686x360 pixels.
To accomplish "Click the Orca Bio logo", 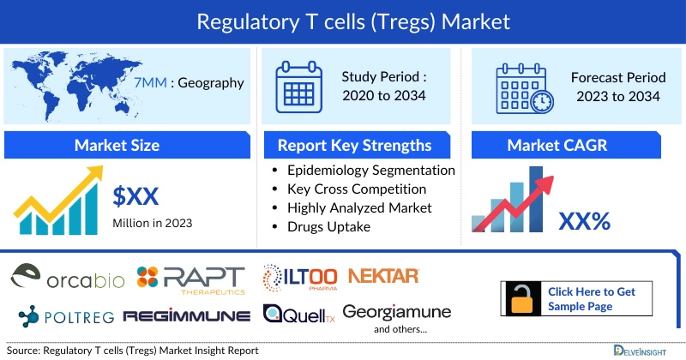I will coord(69,278).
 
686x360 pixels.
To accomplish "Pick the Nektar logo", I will coord(383,275).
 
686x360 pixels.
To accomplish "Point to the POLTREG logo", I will coord(61,315).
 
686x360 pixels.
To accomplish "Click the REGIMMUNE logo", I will coord(186,316).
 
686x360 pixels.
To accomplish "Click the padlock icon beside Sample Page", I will coord(521,298).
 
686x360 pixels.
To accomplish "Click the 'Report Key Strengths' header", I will coord(354,145).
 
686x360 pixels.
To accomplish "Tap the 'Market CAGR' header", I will coord(569,145).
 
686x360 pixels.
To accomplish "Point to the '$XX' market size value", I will coord(136,196).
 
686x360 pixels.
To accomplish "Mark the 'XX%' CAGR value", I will coord(584,221).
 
